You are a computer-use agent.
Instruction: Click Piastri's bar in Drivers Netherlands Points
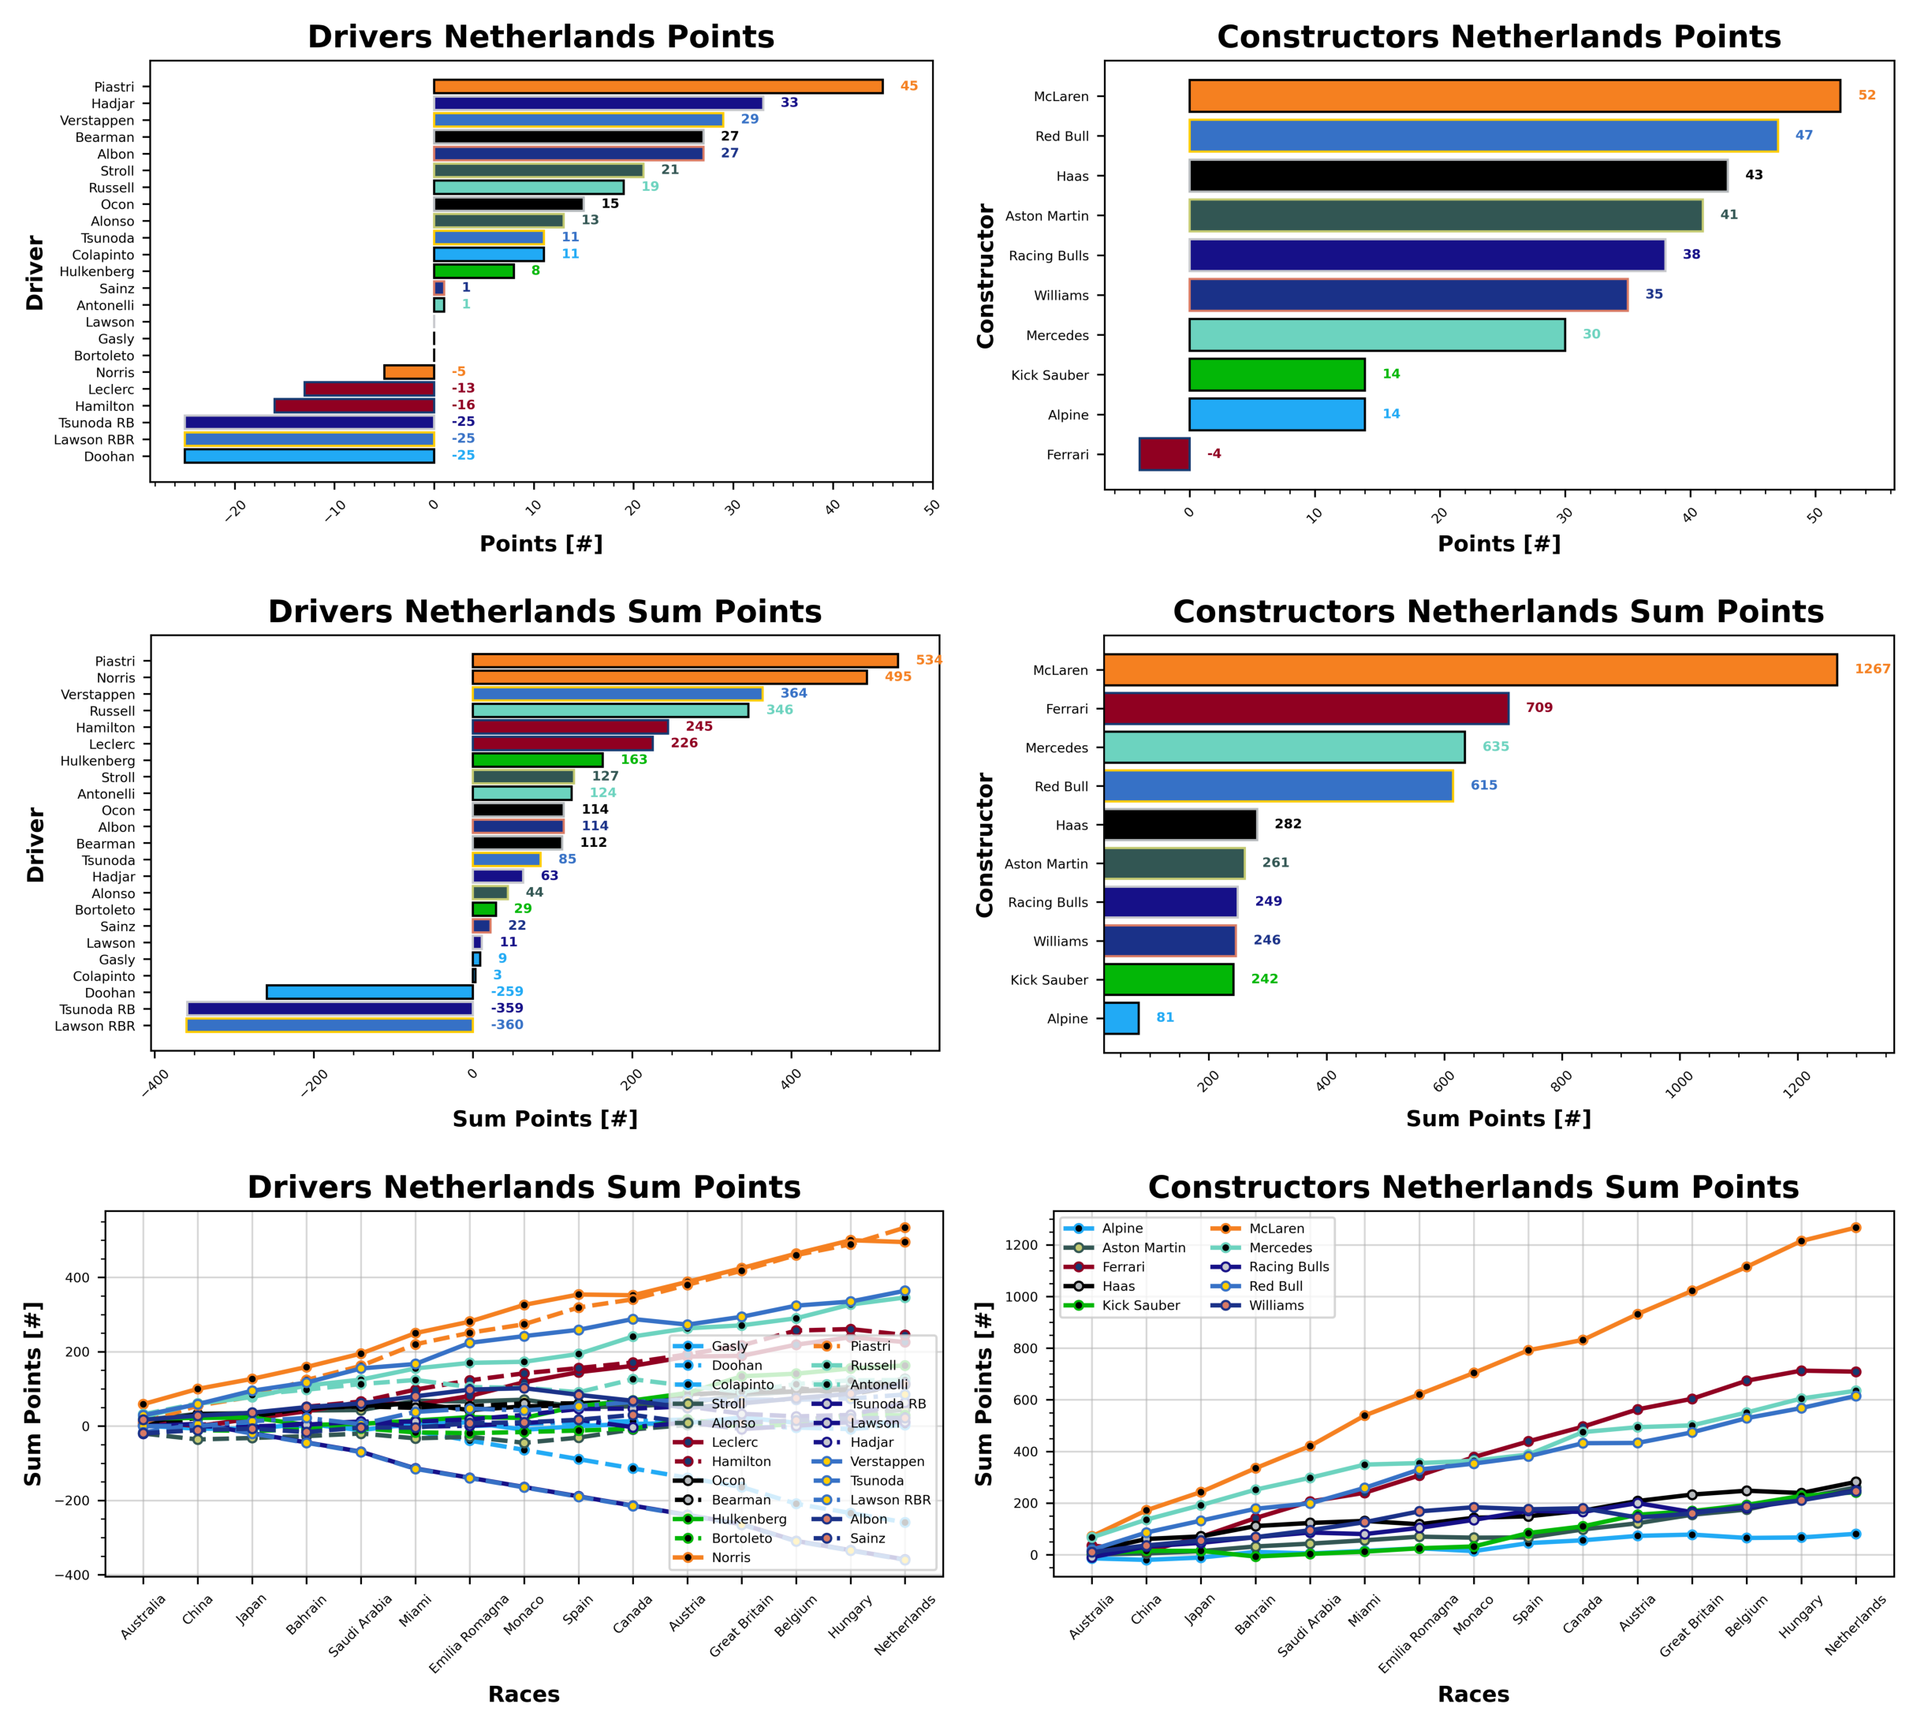(658, 87)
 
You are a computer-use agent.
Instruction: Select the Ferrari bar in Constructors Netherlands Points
(1163, 454)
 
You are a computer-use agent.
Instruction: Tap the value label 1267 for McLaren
(1871, 669)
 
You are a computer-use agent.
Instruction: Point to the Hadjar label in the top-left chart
(112, 103)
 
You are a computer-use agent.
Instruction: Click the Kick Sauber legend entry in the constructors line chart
(1139, 1305)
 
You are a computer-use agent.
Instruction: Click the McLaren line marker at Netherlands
(1855, 1228)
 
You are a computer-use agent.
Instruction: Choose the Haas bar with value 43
(1458, 176)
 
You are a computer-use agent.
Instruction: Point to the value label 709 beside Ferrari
(1538, 708)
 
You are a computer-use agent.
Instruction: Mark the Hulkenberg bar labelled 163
(537, 760)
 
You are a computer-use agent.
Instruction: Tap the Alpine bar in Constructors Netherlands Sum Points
(1121, 1018)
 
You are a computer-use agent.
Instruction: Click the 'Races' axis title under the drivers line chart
(524, 1694)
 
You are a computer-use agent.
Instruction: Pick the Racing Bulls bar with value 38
(1426, 255)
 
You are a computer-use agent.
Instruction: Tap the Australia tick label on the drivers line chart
(144, 1616)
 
